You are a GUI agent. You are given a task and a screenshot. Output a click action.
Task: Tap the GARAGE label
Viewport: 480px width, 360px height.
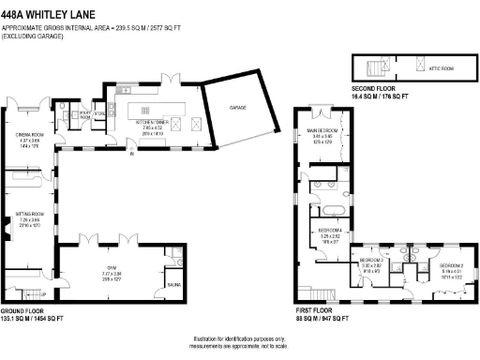(x=240, y=109)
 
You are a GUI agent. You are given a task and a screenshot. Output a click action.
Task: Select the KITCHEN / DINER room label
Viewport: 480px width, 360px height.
(x=151, y=123)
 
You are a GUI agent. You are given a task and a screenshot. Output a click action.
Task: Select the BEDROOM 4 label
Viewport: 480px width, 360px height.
(x=330, y=230)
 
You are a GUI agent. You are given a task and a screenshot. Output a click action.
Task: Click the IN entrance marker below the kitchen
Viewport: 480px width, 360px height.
(x=131, y=156)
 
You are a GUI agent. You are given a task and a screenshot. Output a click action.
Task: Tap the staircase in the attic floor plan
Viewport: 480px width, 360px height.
(x=376, y=68)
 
